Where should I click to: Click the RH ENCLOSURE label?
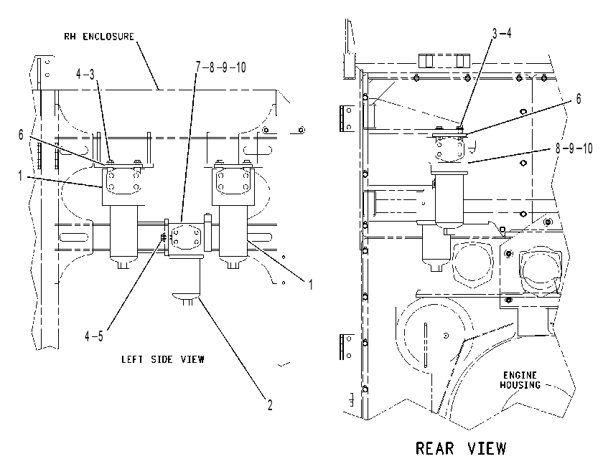(99, 37)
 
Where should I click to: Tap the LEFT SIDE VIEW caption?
(163, 359)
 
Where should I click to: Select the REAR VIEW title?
(461, 448)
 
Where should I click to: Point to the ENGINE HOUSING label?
(520, 379)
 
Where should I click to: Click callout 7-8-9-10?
(220, 67)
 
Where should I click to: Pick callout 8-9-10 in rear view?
(574, 148)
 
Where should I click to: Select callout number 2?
(270, 405)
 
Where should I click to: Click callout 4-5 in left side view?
(94, 336)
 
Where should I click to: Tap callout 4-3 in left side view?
(85, 74)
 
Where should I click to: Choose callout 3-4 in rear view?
(502, 34)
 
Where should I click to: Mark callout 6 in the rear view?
(579, 99)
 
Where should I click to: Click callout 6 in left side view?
(21, 135)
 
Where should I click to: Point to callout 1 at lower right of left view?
(310, 285)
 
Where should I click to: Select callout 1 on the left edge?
(20, 176)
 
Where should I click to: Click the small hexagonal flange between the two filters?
(186, 237)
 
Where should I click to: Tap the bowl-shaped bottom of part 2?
(187, 295)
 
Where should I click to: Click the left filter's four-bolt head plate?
(123, 181)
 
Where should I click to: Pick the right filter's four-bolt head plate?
(233, 181)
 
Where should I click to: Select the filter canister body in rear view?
(449, 201)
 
